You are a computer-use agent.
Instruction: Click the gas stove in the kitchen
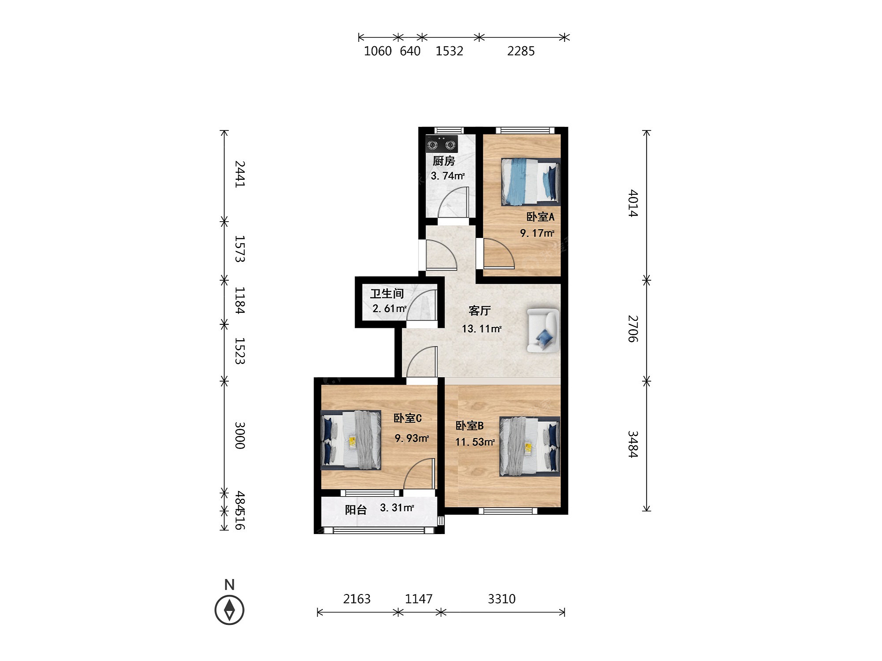(x=441, y=144)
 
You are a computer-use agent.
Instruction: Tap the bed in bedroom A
(x=531, y=182)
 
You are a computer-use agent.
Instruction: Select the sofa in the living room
(x=543, y=330)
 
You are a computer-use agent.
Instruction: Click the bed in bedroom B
(x=530, y=446)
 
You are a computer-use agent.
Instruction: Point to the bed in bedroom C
(x=351, y=440)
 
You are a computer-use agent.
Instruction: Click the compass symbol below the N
(x=229, y=610)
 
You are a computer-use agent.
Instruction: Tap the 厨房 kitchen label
(x=444, y=161)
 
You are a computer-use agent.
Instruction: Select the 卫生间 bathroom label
(x=387, y=293)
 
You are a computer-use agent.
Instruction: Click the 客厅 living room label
(x=479, y=311)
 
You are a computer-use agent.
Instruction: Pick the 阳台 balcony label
(x=355, y=510)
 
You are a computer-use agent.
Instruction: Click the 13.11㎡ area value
(x=482, y=329)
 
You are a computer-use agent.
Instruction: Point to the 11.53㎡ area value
(x=475, y=442)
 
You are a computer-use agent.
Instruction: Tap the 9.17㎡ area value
(x=537, y=233)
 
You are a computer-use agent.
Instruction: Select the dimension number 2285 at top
(x=521, y=51)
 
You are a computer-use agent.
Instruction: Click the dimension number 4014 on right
(x=633, y=203)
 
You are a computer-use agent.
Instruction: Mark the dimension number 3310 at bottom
(x=501, y=599)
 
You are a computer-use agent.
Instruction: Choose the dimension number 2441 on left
(x=240, y=174)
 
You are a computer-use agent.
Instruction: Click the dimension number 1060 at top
(x=378, y=51)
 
